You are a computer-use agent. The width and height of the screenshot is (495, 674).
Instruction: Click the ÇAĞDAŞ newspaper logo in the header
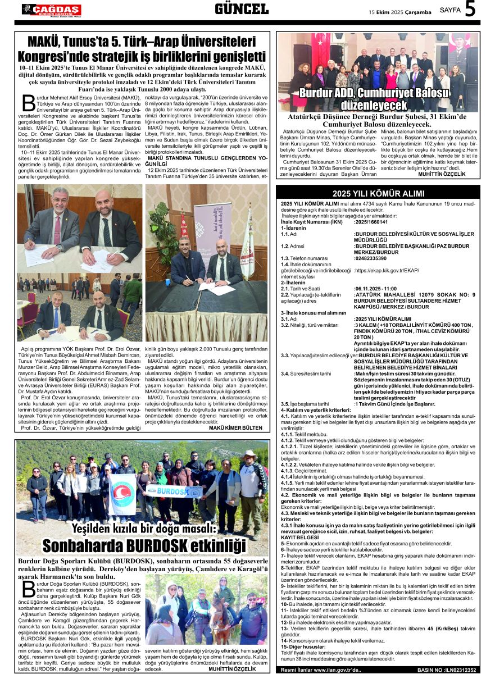(x=51, y=10)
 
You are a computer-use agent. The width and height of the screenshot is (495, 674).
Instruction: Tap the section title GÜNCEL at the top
(x=242, y=9)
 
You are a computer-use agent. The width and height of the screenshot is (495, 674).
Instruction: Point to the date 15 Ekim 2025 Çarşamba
(x=399, y=12)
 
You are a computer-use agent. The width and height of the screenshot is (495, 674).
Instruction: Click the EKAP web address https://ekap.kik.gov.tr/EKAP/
(x=387, y=270)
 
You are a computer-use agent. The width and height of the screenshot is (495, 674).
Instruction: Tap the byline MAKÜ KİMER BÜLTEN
(x=235, y=427)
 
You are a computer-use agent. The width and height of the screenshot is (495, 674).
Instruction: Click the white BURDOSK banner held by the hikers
(x=172, y=491)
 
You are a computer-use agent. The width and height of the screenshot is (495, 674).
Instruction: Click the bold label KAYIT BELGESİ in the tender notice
(x=299, y=538)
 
